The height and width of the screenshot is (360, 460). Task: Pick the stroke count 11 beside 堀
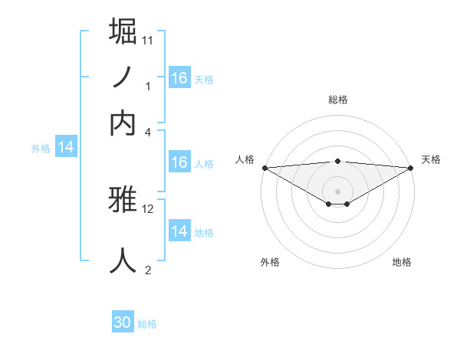click(x=148, y=39)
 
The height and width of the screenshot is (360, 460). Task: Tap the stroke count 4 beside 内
click(x=148, y=132)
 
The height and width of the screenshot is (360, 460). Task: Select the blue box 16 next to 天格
click(x=179, y=78)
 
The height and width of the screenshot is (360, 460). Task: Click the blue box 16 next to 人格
click(x=179, y=162)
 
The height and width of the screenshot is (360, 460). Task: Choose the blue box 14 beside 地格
click(x=179, y=231)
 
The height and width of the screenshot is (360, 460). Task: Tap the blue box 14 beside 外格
click(x=66, y=148)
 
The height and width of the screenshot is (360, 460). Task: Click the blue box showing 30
click(x=123, y=322)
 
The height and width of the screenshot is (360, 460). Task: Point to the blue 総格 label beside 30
click(x=147, y=324)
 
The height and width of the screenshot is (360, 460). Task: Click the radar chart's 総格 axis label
click(x=337, y=100)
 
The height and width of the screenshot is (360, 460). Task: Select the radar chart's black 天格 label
click(x=431, y=159)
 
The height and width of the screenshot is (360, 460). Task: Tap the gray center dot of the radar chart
click(x=337, y=191)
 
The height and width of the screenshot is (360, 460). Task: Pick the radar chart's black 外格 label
click(x=270, y=262)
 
